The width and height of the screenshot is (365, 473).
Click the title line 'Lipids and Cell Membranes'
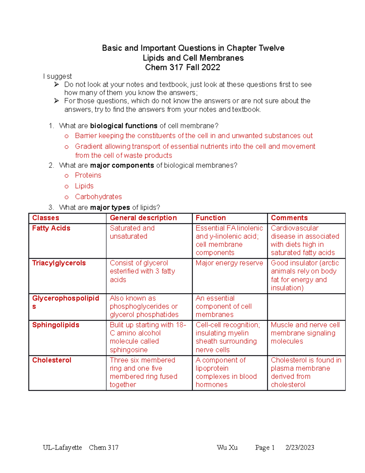point(193,58)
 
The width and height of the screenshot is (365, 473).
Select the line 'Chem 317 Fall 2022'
point(182,67)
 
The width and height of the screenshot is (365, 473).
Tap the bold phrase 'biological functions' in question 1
point(124,126)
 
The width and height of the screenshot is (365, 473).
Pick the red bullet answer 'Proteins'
point(88,175)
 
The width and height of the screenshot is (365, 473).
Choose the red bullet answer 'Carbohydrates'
point(98,197)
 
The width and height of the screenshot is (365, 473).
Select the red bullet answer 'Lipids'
point(84,186)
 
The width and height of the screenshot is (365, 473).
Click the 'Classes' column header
point(46,218)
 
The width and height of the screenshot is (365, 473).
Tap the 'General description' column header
point(143,218)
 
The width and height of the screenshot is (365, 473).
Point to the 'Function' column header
point(210,218)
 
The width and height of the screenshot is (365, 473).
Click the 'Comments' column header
point(289,218)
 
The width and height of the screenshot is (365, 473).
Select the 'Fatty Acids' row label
point(51,228)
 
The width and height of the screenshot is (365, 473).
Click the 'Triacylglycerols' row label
point(59,263)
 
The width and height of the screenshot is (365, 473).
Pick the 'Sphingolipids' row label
point(56,325)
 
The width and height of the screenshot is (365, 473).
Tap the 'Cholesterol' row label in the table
point(52,360)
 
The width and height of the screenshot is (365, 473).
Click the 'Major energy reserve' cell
point(229,263)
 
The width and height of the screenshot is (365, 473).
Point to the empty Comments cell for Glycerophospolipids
point(306,307)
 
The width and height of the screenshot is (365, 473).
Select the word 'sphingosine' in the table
point(129,350)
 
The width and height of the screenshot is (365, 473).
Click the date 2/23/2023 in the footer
point(300,447)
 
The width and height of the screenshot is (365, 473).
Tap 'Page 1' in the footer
point(265,447)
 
